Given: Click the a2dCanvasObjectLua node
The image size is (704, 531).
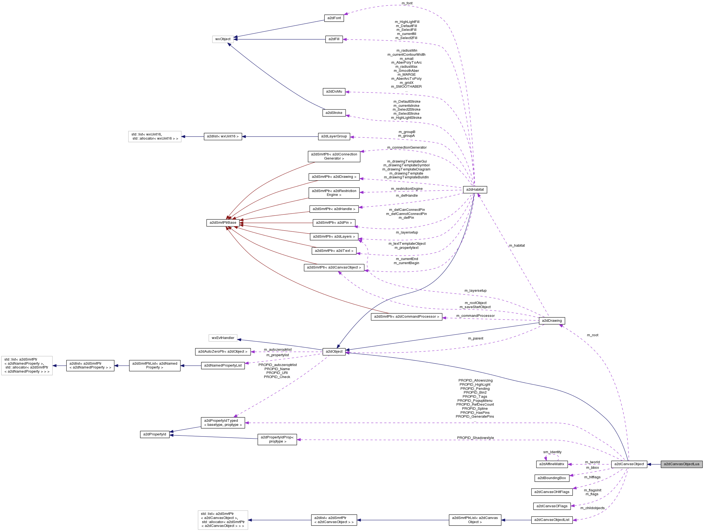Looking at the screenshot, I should click(681, 464).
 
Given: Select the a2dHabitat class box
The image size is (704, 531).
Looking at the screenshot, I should click(475, 190).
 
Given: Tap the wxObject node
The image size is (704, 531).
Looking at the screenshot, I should click(223, 39).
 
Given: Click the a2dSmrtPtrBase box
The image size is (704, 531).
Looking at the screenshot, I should click(223, 223).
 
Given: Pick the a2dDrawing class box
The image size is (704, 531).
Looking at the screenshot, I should click(552, 321).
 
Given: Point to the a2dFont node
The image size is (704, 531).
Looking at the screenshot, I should click(334, 18).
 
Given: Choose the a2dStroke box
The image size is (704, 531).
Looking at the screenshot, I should click(334, 113).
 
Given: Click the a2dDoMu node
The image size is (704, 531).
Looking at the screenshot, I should click(334, 92).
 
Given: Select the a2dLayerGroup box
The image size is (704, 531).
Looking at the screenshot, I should click(334, 137).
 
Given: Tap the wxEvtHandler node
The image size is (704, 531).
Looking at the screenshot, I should click(223, 338).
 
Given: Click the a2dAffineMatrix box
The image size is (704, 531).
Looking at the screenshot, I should click(552, 464).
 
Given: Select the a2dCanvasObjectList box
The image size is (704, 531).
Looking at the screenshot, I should click(552, 520).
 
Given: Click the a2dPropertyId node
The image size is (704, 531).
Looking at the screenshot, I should click(155, 434).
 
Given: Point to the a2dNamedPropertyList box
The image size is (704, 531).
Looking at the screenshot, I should click(223, 365).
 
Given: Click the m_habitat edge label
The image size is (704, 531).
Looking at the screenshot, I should click(517, 246).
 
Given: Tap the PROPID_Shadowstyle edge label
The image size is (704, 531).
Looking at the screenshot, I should click(476, 438).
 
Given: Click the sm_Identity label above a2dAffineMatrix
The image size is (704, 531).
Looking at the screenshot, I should click(552, 452).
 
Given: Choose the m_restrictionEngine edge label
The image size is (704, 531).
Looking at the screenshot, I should click(407, 189).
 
